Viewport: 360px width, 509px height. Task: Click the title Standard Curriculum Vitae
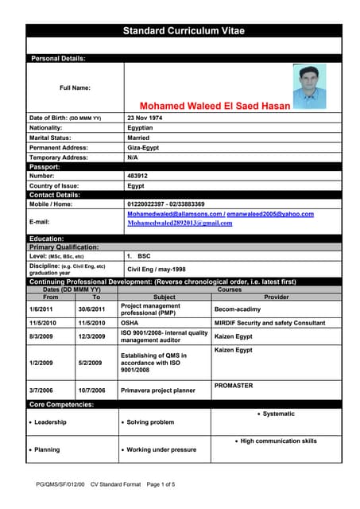pyautogui.click(x=183, y=31)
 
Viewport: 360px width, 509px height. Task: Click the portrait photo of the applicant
pyautogui.click(x=309, y=86)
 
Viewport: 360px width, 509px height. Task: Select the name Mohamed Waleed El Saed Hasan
pyautogui.click(x=215, y=105)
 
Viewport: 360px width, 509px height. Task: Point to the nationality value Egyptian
pyautogui.click(x=141, y=127)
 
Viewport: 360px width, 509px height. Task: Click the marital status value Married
pyautogui.click(x=138, y=138)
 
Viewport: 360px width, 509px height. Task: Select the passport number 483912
pyautogui.click(x=137, y=176)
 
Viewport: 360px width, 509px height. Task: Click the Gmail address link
pyautogui.click(x=180, y=223)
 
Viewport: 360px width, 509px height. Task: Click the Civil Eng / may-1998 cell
pyautogui.click(x=157, y=270)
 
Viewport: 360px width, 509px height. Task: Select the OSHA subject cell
pyautogui.click(x=130, y=323)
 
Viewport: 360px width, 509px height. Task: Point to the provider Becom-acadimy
pyautogui.click(x=238, y=309)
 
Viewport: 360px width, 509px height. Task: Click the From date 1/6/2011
pyautogui.click(x=41, y=309)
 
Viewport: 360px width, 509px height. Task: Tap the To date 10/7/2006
pyautogui.click(x=91, y=390)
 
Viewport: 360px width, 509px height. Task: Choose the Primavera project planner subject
pyautogui.click(x=158, y=390)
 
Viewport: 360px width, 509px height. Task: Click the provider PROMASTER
pyautogui.click(x=234, y=386)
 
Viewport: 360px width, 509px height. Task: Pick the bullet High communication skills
pyautogui.click(x=278, y=441)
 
